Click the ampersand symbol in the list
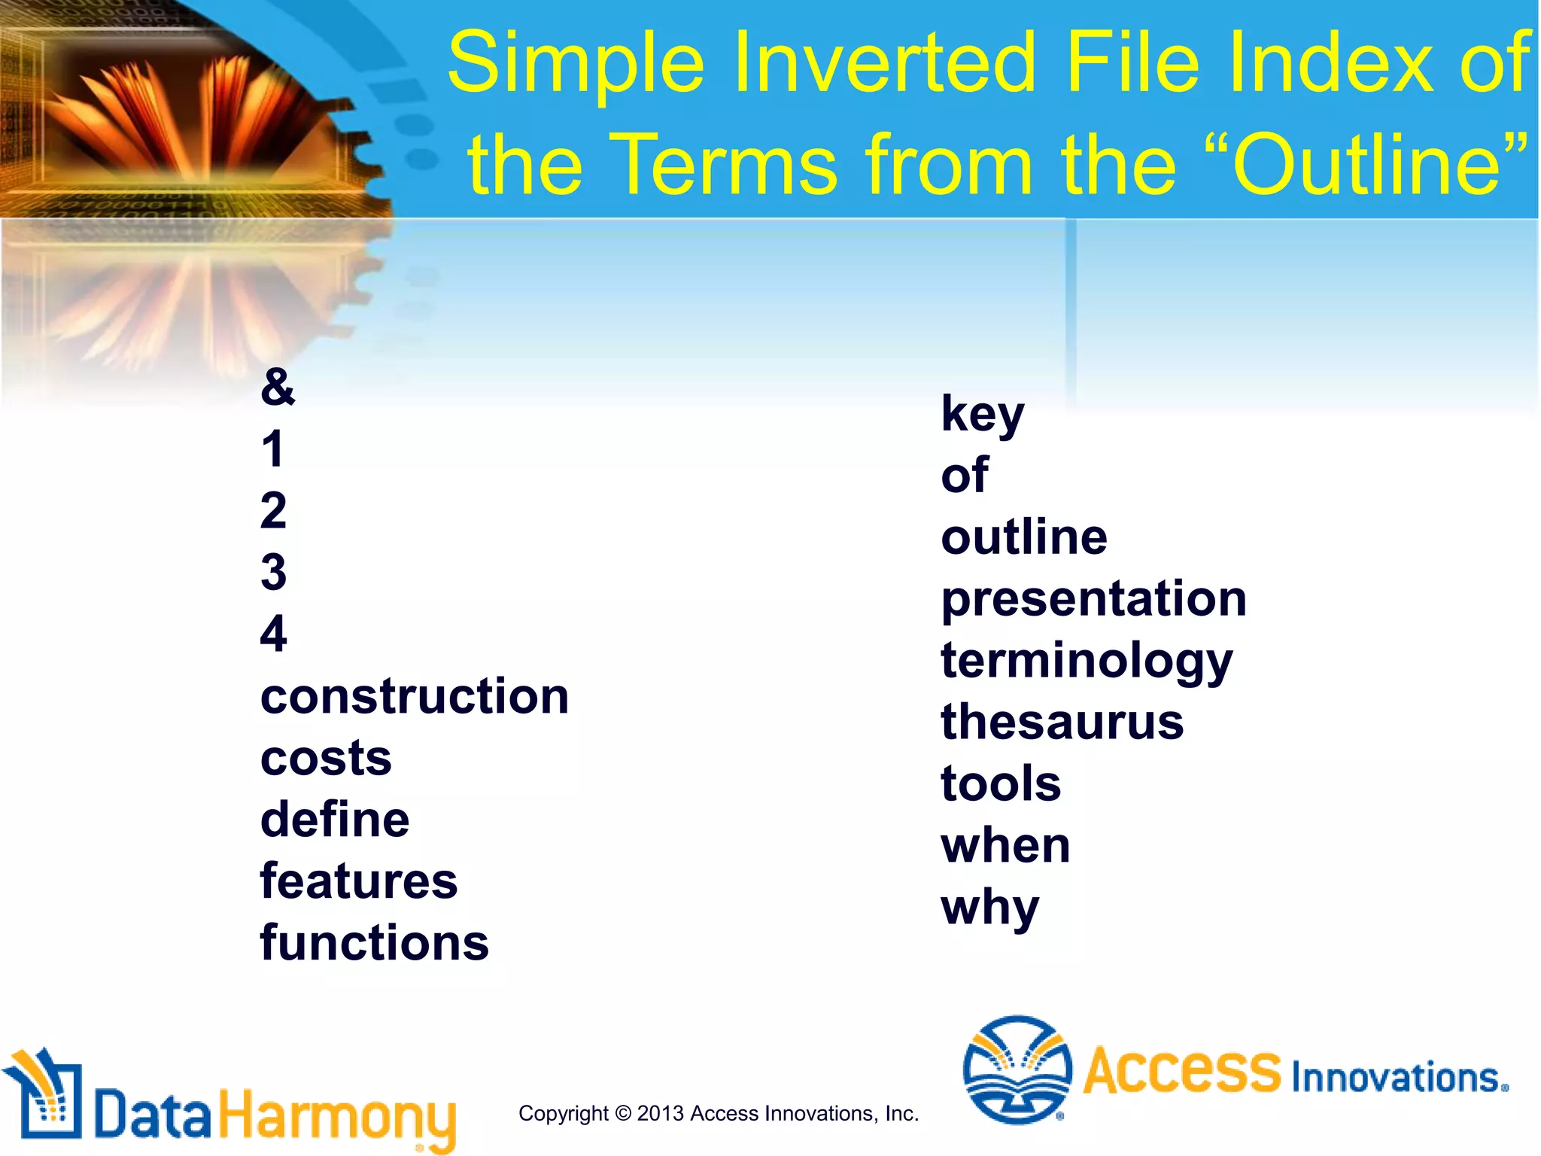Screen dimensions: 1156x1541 278,387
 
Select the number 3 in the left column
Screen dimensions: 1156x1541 273,572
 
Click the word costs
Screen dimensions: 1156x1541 326,758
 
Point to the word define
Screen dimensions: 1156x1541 335,820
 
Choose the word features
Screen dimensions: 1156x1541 359,881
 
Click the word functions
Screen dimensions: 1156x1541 375,943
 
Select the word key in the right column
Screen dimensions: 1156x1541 982,414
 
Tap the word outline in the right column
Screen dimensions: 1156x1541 1024,537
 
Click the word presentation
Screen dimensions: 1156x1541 1093,599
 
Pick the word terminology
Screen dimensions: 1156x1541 1087,661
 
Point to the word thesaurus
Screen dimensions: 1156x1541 1062,722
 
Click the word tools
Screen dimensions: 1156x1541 1001,784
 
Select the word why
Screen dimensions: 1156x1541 989,908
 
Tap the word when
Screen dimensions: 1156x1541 1005,846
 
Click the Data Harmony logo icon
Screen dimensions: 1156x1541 44,1095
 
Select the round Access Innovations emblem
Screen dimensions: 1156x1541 1017,1069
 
